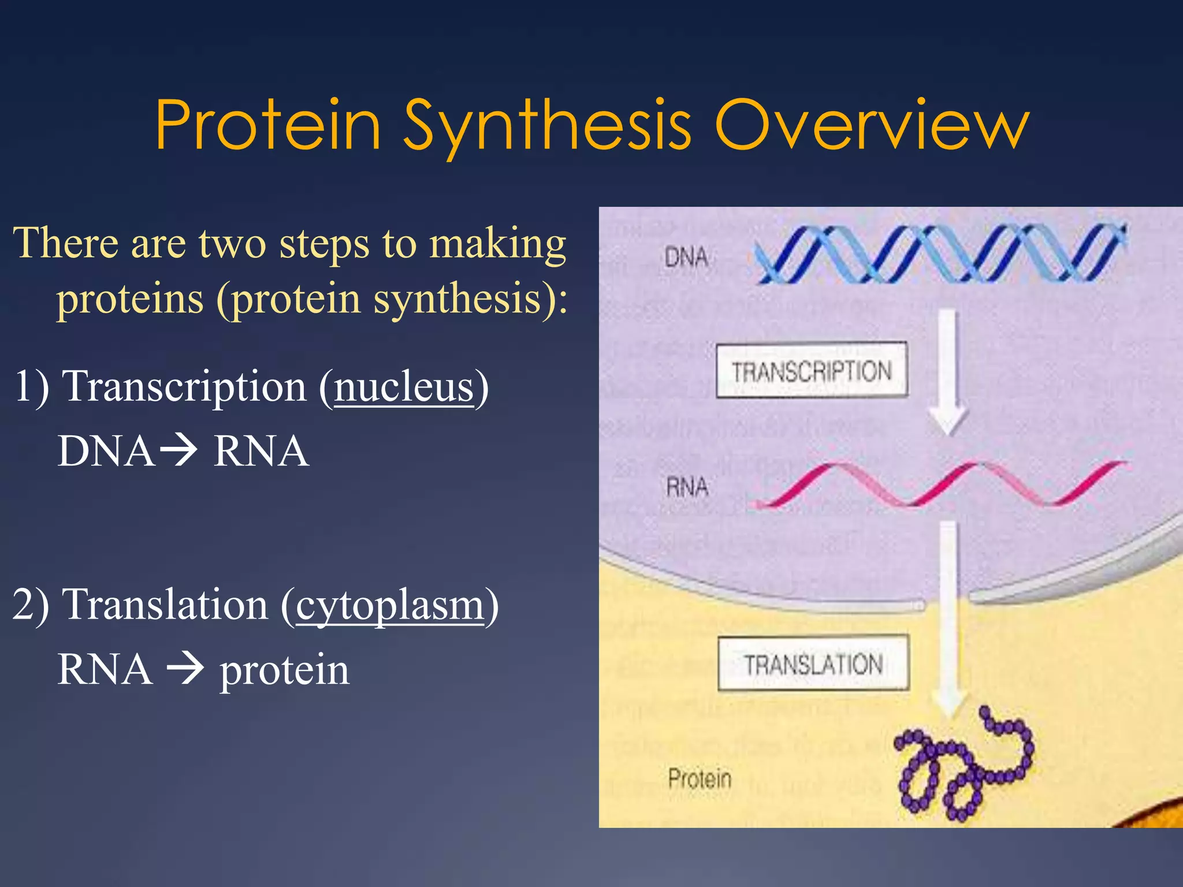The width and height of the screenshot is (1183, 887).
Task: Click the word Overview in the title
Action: click(872, 125)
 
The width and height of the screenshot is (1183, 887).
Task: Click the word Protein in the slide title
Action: click(268, 125)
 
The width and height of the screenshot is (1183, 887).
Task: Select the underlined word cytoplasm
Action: click(390, 605)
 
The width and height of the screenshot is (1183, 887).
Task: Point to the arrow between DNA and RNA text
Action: click(178, 450)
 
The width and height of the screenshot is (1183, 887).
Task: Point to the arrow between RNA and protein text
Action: click(185, 669)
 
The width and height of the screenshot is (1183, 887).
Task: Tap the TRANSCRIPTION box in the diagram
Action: click(812, 370)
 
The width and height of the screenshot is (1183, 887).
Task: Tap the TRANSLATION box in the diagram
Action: click(813, 664)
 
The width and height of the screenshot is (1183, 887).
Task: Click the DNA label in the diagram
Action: click(686, 257)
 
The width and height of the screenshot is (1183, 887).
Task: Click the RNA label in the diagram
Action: click(687, 487)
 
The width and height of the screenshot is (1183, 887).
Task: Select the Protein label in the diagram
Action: click(700, 779)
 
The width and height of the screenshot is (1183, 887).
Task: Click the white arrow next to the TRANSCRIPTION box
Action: click(947, 375)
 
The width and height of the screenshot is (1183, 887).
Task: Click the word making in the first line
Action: click(497, 244)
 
